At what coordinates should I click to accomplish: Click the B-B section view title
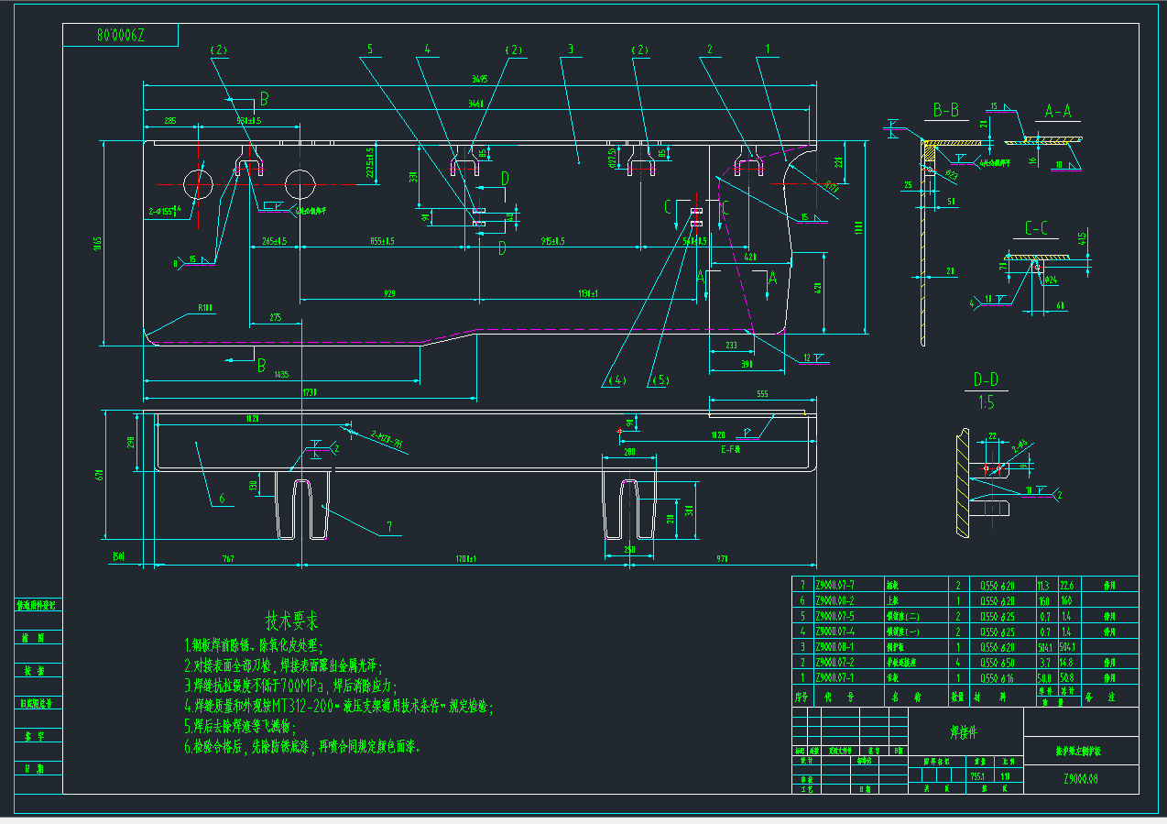click(x=945, y=111)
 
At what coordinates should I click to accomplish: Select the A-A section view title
click(x=1057, y=112)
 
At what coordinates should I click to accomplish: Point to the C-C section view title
click(x=1037, y=228)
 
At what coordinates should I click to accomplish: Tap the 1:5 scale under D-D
click(x=985, y=401)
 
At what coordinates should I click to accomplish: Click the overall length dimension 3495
click(x=479, y=79)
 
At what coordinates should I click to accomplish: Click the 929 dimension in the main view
click(x=389, y=294)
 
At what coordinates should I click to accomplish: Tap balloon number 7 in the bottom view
click(x=388, y=526)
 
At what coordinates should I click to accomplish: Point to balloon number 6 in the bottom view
click(x=221, y=500)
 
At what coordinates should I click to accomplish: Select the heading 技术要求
click(x=292, y=621)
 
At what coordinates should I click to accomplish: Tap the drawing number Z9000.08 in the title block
click(x=1081, y=779)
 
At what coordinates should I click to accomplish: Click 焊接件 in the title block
click(x=965, y=732)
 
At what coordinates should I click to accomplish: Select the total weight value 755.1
click(x=977, y=776)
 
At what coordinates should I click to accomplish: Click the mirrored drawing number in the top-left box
click(x=120, y=36)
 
